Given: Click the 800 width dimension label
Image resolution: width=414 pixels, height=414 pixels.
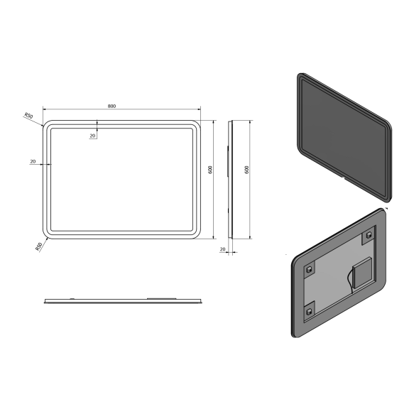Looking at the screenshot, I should tap(112, 106).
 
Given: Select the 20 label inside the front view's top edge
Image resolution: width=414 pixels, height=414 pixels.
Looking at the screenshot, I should tap(93, 136).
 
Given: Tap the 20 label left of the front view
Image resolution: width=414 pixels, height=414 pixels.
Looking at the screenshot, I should tap(33, 162).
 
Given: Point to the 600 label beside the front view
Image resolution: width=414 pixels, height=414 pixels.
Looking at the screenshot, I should tap(211, 170).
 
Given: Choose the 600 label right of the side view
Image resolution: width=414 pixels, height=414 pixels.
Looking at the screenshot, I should tap(246, 170).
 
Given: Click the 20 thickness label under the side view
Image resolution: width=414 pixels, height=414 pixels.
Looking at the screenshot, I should tap(222, 249).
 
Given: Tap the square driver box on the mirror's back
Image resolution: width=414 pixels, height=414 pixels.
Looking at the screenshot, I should tap(361, 270).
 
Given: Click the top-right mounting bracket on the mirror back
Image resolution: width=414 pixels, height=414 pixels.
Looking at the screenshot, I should tap(369, 235).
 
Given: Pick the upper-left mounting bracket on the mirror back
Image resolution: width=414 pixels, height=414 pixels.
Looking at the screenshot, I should tap(309, 270).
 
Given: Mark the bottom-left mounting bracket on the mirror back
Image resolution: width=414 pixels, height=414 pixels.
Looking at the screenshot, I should tap(310, 309).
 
